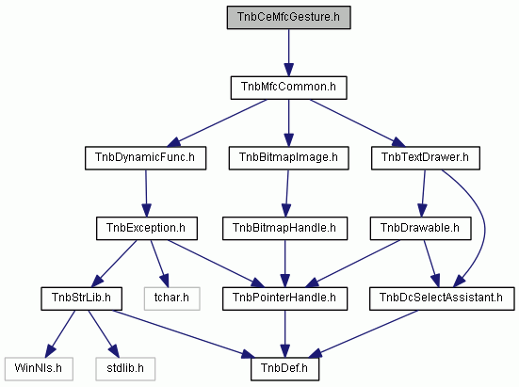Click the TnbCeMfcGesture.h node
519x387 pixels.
tap(288, 17)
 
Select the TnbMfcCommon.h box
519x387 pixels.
tap(288, 88)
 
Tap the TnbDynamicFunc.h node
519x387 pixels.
tap(145, 158)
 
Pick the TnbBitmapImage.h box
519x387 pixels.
tap(288, 158)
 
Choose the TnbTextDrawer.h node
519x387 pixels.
tap(426, 158)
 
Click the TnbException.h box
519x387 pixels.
tap(147, 229)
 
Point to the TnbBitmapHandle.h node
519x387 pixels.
tap(285, 229)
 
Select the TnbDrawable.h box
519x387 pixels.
tap(420, 229)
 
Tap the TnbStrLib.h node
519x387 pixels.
tap(81, 298)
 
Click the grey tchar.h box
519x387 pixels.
tap(171, 298)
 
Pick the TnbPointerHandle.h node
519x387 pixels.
tap(285, 298)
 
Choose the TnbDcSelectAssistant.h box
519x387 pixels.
tap(442, 298)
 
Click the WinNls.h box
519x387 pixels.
tap(39, 369)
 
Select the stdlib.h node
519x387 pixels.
tap(125, 369)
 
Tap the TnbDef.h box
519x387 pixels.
tap(285, 369)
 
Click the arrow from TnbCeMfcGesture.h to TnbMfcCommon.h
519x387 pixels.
tap(288, 53)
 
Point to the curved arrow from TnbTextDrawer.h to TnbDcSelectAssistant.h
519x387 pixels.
tap(484, 228)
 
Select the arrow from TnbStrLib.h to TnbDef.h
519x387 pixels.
tap(184, 334)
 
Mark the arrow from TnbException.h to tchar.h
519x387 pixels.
tap(159, 264)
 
